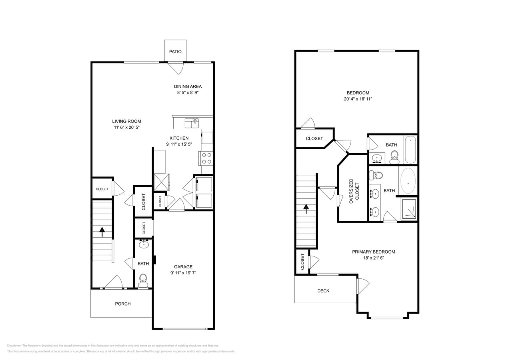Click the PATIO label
click(x=175, y=52)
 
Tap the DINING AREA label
click(x=188, y=86)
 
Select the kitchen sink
click(x=192, y=123)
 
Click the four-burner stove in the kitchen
click(x=206, y=158)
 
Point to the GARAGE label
click(x=183, y=267)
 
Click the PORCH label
click(x=123, y=304)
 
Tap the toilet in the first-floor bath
click(x=143, y=280)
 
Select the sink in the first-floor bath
click(x=144, y=244)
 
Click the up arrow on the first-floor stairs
click(x=102, y=232)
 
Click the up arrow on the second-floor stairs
click(x=306, y=209)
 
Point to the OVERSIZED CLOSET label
click(x=354, y=191)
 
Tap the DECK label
click(x=323, y=291)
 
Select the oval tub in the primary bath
click(x=408, y=181)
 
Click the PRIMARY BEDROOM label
click(x=373, y=252)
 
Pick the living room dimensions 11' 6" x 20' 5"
click(x=126, y=128)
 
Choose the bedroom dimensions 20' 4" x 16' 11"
click(x=358, y=99)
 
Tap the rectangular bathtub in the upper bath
click(x=411, y=150)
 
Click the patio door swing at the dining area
click(x=176, y=68)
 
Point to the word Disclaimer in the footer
click(x=14, y=346)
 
